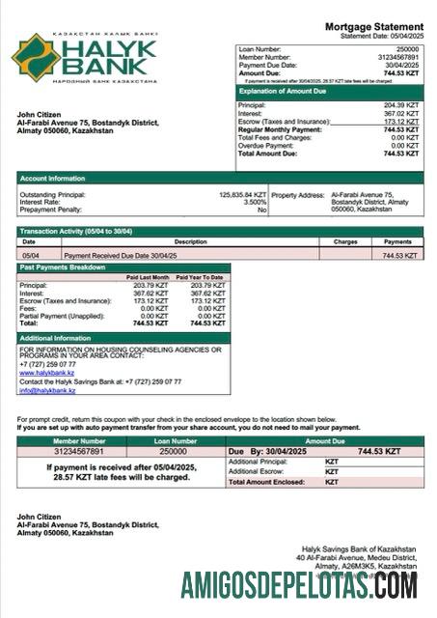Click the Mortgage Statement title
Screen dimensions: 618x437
[x=373, y=26]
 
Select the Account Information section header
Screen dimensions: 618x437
[x=55, y=178]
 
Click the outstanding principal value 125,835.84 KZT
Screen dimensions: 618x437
[x=242, y=194]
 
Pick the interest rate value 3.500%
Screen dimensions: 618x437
[x=255, y=202]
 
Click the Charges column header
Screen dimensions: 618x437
[x=345, y=241]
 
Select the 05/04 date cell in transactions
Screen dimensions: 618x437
[x=31, y=255]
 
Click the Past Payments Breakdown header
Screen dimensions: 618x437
[x=64, y=267]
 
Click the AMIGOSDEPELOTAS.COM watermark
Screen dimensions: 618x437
[x=298, y=585]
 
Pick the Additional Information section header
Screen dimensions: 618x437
[x=56, y=338]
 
